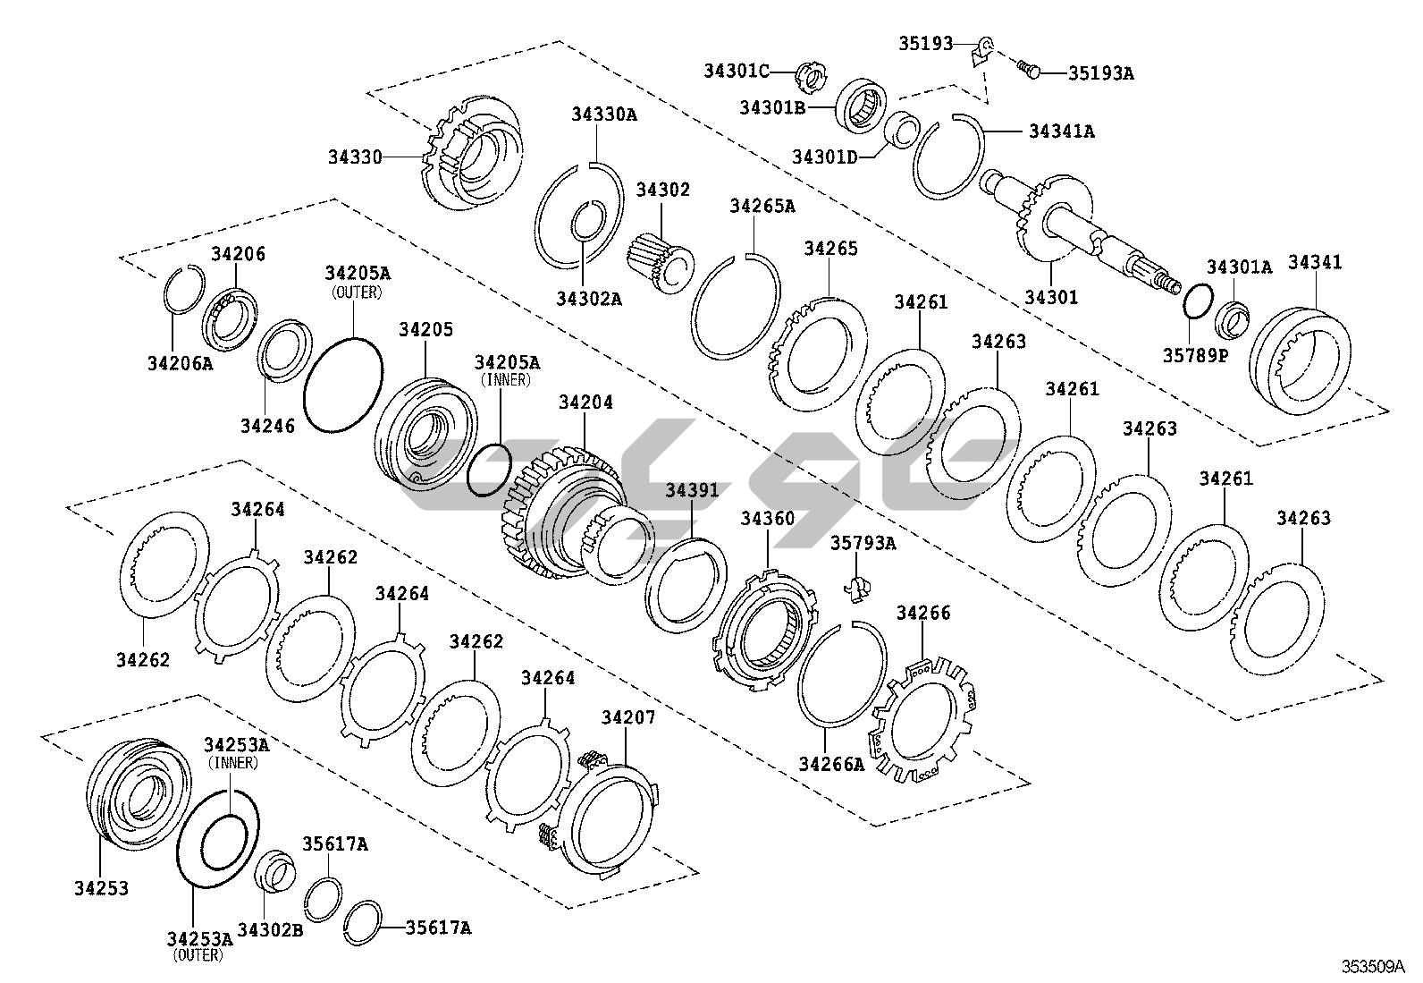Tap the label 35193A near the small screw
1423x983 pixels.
[1100, 73]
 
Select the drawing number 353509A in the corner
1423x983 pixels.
[1372, 966]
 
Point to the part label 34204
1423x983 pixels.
[585, 403]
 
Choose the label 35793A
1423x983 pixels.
[863, 543]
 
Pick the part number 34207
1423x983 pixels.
[627, 717]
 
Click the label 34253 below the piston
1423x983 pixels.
[102, 888]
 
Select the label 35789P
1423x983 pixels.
[1196, 354]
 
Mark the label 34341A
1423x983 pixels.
[1061, 131]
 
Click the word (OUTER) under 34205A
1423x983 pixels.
[357, 292]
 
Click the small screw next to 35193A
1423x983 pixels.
[1029, 69]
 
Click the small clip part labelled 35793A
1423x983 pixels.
[858, 586]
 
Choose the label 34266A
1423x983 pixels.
[831, 764]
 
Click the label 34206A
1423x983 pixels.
[180, 363]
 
